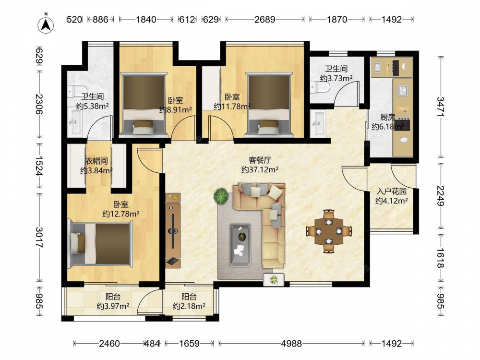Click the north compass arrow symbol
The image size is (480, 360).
(46, 24)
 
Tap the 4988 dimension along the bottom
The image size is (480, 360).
(291, 344)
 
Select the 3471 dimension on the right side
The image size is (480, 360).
(441, 106)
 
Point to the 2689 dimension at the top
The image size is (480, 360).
(265, 19)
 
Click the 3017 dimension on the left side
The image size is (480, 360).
(39, 237)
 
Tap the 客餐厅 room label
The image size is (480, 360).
(260, 160)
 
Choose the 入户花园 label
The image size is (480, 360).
(392, 192)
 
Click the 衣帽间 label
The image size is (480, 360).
(96, 161)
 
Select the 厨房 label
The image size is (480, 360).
(387, 117)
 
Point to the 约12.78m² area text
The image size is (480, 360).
(121, 214)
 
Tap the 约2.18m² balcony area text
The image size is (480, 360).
(189, 306)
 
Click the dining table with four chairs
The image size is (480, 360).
(329, 231)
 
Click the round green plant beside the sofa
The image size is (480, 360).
(221, 196)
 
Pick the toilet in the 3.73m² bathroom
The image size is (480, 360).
(320, 87)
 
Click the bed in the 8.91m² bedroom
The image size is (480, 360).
(144, 104)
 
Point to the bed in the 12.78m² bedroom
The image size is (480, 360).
(100, 243)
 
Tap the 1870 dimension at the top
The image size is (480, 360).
(337, 19)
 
